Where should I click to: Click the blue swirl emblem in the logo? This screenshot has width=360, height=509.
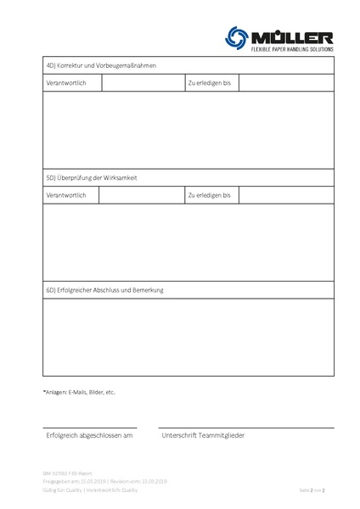[236, 36]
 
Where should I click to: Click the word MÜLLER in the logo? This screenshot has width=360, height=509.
[291, 36]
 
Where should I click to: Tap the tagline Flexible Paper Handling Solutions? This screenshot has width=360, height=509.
[291, 50]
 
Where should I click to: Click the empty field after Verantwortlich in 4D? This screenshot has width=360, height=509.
[142, 83]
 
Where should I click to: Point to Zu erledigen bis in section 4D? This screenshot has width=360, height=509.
[209, 83]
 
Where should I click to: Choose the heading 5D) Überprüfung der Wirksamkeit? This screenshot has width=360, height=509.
[92, 178]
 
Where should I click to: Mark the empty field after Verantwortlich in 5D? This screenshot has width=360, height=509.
[140, 195]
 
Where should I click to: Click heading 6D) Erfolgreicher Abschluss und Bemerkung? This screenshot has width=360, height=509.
[104, 290]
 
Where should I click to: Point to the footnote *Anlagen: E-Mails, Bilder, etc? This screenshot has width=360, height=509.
[78, 392]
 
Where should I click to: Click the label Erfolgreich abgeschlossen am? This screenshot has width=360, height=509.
[89, 435]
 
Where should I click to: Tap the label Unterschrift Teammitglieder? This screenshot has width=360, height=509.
[203, 435]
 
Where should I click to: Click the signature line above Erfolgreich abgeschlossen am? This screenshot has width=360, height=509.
[89, 428]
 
